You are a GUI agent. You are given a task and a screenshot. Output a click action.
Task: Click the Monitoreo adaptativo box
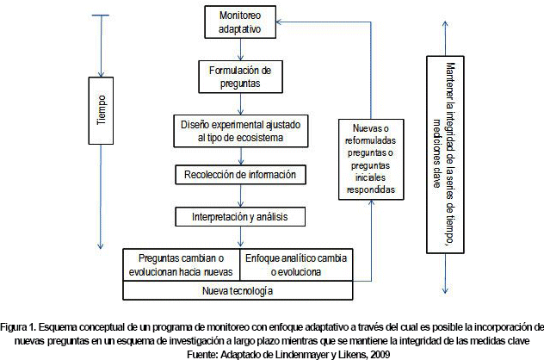[x=240, y=22]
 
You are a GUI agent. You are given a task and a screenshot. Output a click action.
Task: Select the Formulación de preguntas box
[x=240, y=76]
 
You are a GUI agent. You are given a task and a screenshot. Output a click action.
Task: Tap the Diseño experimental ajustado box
[x=240, y=130]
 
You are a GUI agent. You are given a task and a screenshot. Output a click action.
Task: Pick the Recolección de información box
[x=240, y=175]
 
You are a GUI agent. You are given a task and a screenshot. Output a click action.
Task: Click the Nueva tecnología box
[x=240, y=291]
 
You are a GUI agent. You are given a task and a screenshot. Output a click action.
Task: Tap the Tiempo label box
[x=102, y=109]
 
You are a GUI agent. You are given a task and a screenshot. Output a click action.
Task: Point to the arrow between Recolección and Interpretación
[x=240, y=195]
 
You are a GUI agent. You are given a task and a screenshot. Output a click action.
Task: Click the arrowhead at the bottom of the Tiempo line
[x=102, y=245]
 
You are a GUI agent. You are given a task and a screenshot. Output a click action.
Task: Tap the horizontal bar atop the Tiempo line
[x=102, y=14]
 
